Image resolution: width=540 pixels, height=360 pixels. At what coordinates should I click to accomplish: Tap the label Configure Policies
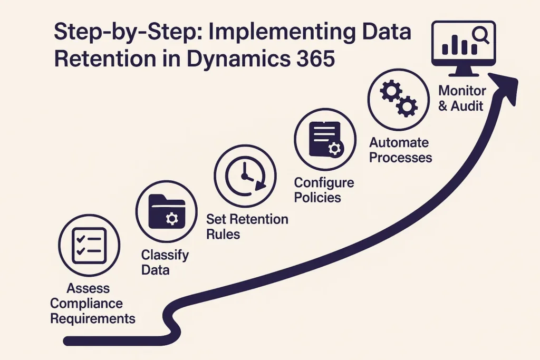point(324,190)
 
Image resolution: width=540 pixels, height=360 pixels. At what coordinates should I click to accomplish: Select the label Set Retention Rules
point(247,226)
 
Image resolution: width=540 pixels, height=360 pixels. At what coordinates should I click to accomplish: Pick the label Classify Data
point(165,262)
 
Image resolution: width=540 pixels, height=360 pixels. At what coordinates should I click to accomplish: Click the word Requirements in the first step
point(93,318)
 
